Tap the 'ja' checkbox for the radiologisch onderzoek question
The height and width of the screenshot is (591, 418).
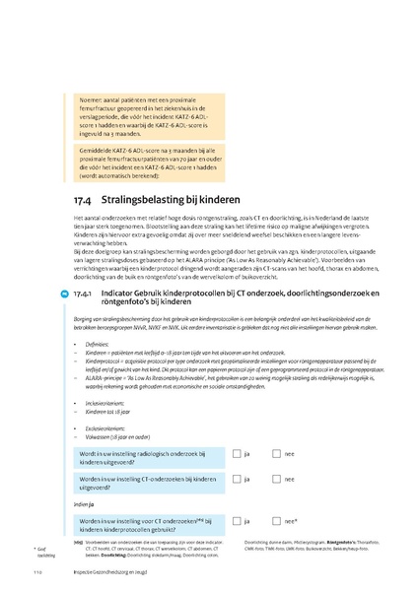pos(236,454)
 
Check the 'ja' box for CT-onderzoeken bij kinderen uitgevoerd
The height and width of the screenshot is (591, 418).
pos(236,481)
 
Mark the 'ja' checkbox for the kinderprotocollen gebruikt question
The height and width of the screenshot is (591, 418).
pos(236,521)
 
